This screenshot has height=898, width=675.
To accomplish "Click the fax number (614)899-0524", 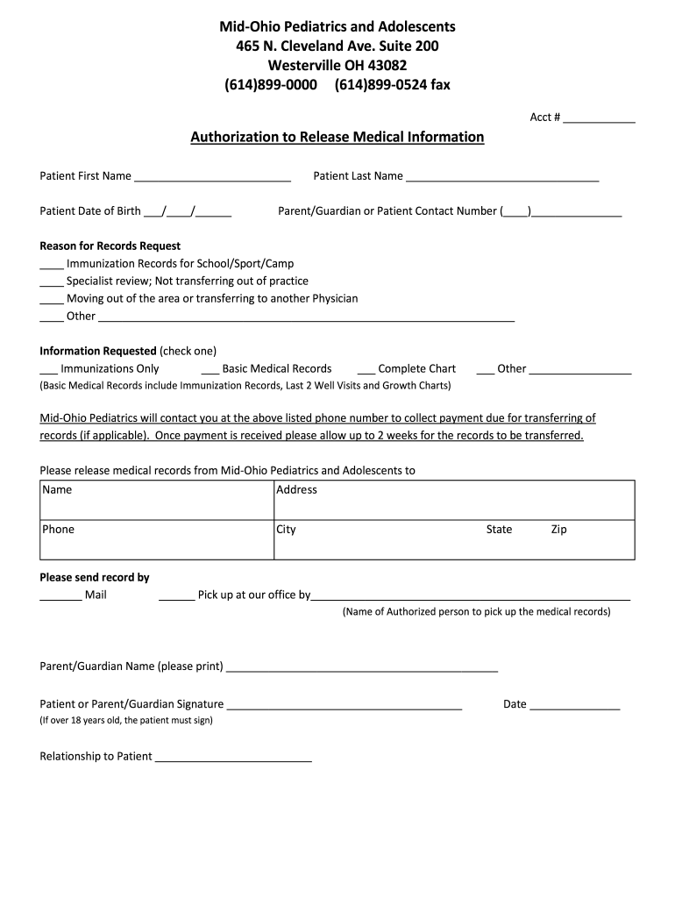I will point(379,85).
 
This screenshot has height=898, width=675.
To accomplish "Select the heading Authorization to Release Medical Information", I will point(337,138).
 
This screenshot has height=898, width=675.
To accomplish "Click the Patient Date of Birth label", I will point(90,211).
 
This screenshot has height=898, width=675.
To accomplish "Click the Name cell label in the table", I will point(57,490).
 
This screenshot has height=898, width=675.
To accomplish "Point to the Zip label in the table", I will point(559,530).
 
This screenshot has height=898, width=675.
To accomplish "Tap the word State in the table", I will point(499,530).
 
